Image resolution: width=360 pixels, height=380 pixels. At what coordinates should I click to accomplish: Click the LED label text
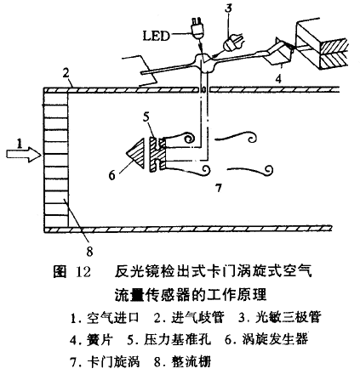click(156, 36)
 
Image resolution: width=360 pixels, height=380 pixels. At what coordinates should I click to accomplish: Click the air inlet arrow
click(23, 154)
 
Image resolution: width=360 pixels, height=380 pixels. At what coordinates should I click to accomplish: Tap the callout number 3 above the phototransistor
click(228, 9)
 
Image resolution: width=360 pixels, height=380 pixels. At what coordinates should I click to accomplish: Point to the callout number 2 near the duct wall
click(66, 73)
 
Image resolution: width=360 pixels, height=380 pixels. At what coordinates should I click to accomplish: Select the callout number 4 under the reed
click(279, 79)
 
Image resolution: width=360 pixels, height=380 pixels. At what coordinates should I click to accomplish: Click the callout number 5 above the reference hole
click(146, 116)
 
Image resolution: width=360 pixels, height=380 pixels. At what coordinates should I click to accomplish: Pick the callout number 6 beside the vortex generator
click(112, 176)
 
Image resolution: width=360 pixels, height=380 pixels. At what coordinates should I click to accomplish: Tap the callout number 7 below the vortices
click(218, 188)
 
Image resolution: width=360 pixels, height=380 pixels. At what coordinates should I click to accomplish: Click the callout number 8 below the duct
click(89, 252)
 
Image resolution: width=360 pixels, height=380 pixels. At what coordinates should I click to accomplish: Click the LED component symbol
click(197, 27)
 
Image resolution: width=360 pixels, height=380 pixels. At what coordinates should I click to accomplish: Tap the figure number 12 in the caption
click(83, 272)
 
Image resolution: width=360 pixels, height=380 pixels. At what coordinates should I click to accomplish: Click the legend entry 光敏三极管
click(288, 317)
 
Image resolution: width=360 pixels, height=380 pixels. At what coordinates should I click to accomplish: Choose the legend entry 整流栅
click(191, 362)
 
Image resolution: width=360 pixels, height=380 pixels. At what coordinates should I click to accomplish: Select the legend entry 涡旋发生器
click(275, 339)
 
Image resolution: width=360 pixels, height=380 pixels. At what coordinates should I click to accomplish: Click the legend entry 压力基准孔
click(178, 339)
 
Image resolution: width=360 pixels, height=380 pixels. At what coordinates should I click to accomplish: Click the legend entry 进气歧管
click(197, 317)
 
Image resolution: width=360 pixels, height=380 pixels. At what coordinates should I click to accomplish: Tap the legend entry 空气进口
click(113, 317)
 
